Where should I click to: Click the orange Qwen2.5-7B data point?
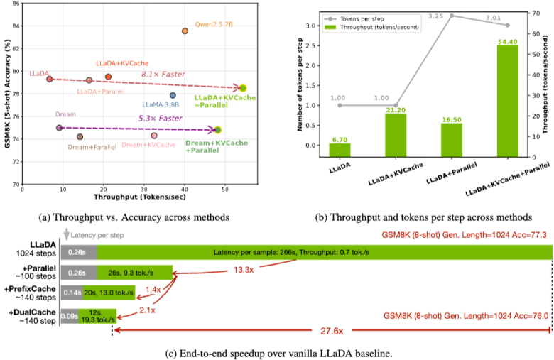(x=185, y=31)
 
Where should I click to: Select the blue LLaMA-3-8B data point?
(x=173, y=95)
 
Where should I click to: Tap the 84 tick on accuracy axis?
(x=15, y=26)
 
